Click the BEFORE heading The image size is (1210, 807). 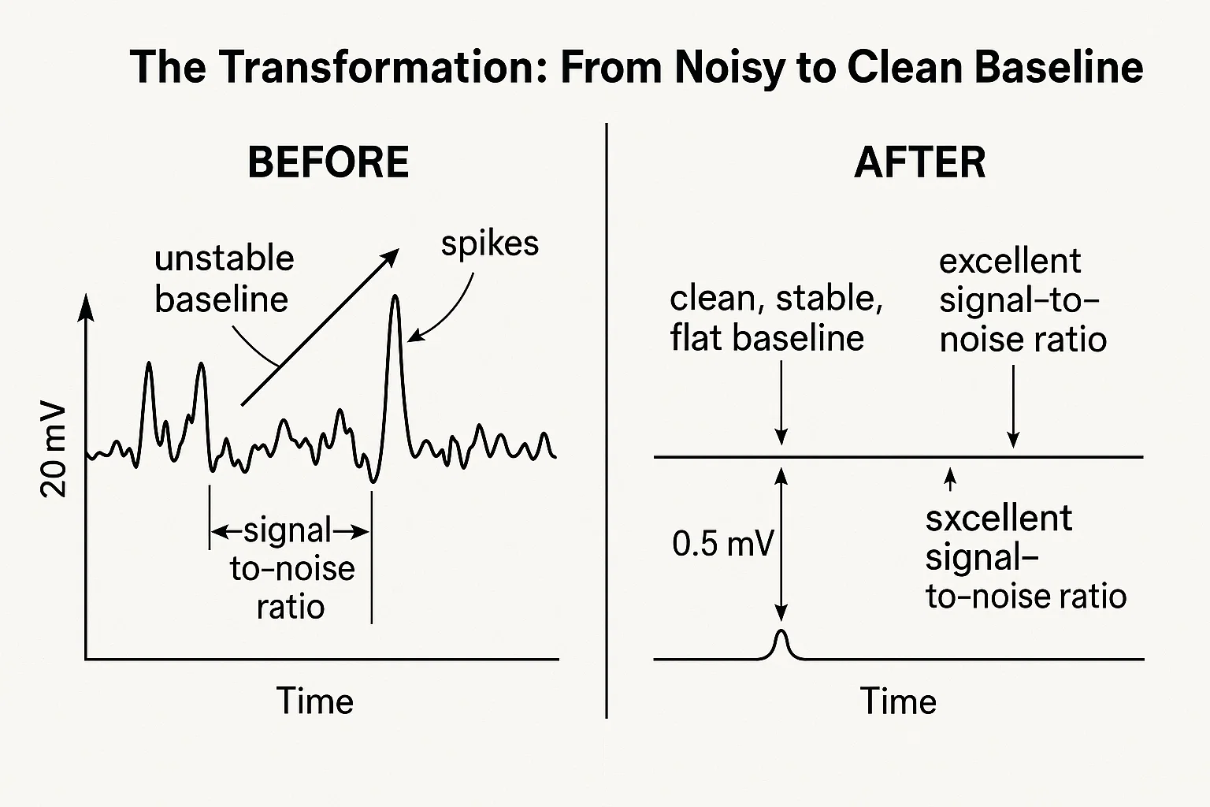(328, 162)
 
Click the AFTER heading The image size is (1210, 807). (919, 162)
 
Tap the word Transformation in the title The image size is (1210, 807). (385, 67)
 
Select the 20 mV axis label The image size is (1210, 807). (54, 452)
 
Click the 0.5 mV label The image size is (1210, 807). (722, 544)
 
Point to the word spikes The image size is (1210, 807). (489, 244)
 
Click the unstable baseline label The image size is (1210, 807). (224, 279)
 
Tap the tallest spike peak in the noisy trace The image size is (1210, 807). (395, 298)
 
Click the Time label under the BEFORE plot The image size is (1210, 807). (314, 701)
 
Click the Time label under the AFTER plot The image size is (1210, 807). (898, 701)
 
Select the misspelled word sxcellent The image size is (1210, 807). (998, 519)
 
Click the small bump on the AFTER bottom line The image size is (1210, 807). (781, 640)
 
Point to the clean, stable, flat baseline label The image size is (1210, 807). (775, 318)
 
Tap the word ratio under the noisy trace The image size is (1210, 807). (291, 607)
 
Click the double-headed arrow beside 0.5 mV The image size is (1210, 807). (781, 544)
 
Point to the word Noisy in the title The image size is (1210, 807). (727, 67)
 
